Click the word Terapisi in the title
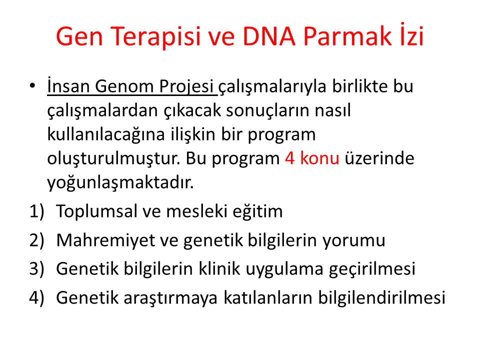156,36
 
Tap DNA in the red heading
269,36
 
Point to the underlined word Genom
124,86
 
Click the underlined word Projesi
186,87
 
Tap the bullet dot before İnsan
32,86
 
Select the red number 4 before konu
289,158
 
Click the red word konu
319,158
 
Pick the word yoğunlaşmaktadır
120,183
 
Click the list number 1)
36,211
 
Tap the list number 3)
36,269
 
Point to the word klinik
219,268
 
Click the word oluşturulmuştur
113,159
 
